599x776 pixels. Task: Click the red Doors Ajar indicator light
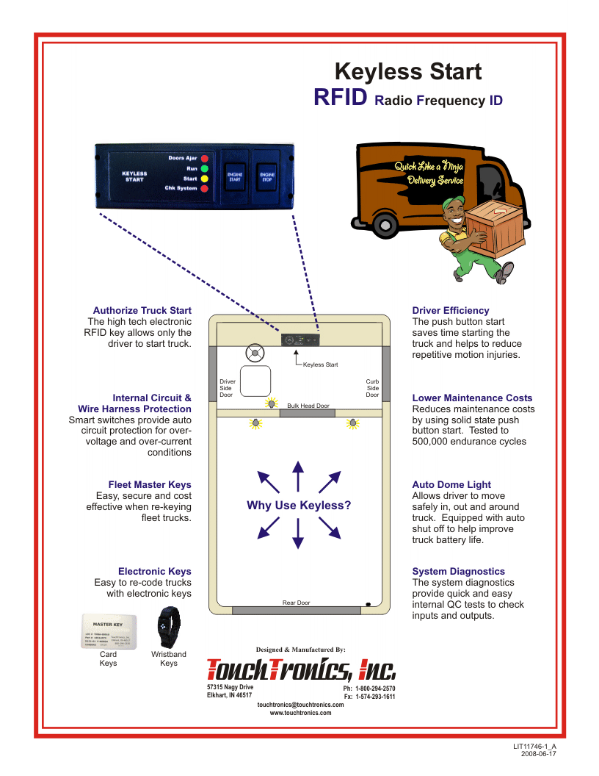coord(206,158)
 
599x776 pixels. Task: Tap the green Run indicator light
coord(206,168)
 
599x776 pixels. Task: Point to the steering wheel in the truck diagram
coord(255,353)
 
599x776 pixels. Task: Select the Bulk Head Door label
coord(308,406)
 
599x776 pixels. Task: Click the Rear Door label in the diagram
coord(297,603)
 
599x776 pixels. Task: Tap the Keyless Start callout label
coord(321,364)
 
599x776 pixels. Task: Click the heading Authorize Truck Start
coord(142,311)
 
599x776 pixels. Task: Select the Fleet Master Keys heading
coord(150,485)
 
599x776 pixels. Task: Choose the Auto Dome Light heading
coord(451,485)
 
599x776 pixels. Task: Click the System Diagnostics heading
coord(459,572)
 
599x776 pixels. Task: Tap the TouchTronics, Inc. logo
coord(301,669)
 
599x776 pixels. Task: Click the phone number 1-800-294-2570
coord(375,689)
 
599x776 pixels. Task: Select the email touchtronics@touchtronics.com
coord(300,705)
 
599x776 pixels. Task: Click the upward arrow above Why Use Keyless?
coord(297,476)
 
